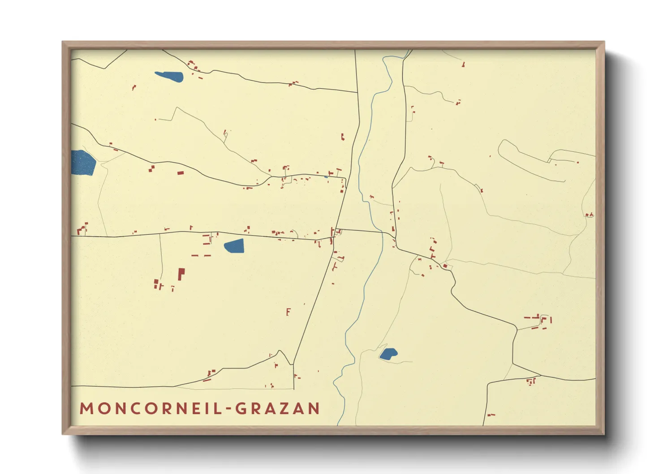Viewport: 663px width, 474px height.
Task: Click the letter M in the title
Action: point(86,409)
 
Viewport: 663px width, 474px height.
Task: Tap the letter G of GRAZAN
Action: point(241,409)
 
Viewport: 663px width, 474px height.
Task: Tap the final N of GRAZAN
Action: point(314,409)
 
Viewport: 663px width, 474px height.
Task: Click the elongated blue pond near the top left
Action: point(169,77)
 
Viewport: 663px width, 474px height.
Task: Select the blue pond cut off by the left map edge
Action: point(83,162)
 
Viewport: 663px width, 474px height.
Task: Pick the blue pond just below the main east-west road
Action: point(234,246)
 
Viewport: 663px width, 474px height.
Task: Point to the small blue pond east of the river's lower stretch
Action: point(388,354)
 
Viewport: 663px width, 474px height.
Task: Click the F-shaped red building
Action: point(288,312)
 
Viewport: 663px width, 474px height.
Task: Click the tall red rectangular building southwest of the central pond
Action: point(181,274)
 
